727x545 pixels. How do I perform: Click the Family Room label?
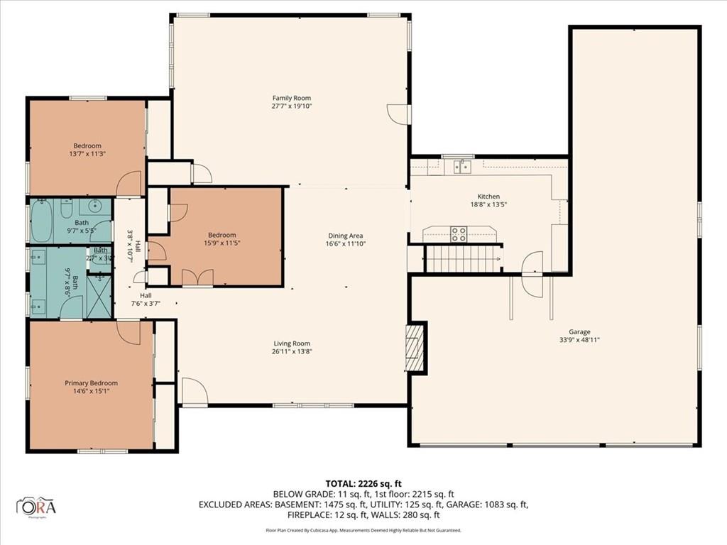(x=292, y=98)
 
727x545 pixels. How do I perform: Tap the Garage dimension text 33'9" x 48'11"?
(x=579, y=339)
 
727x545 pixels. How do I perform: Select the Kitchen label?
(x=488, y=197)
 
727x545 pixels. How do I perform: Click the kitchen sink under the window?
(x=462, y=167)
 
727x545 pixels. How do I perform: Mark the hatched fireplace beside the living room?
(x=415, y=347)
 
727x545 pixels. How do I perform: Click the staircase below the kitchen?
(x=461, y=259)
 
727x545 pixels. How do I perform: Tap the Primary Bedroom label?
(x=91, y=383)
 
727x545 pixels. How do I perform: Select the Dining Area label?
(x=346, y=236)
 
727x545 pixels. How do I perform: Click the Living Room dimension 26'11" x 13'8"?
(x=292, y=351)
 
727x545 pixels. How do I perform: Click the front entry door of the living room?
(x=193, y=392)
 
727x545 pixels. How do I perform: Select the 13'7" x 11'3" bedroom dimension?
(x=88, y=153)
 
